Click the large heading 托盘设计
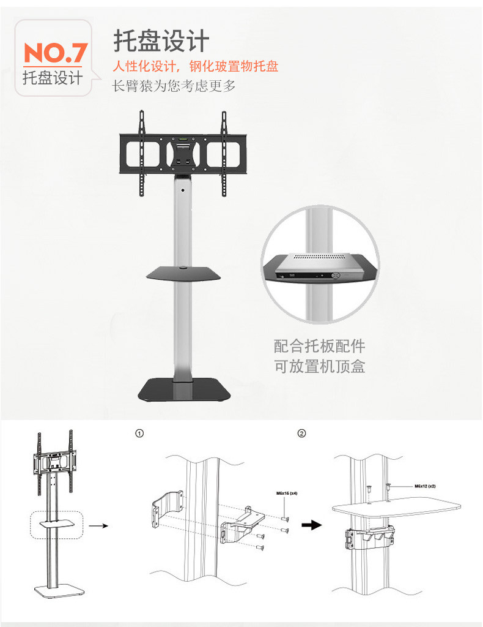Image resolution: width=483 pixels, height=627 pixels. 161,42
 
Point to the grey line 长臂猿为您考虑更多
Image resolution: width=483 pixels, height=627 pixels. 174,86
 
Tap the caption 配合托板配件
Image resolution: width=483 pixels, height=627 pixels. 319,346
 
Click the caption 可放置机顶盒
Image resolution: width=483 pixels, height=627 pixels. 319,367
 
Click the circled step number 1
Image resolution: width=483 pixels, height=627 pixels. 139,434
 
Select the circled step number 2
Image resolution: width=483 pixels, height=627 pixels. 301,434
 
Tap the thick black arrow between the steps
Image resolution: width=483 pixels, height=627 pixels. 313,525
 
